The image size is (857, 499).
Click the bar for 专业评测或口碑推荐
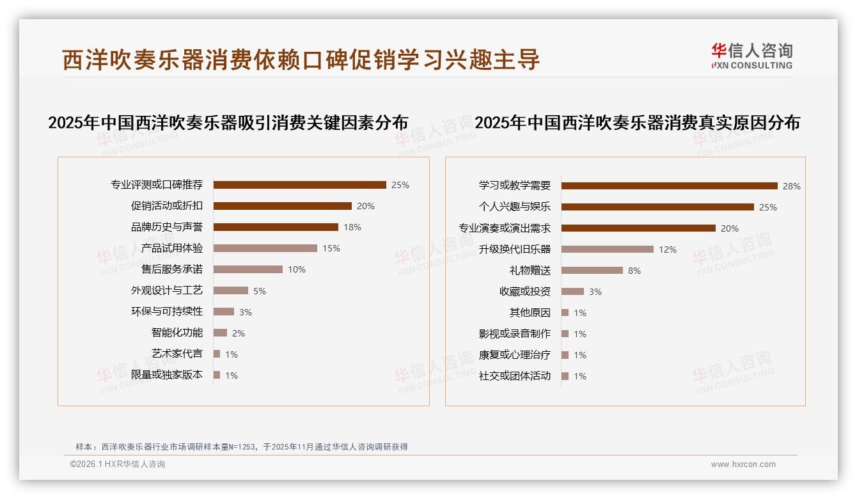coord(299,185)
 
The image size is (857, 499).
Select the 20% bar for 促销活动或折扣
coord(282,206)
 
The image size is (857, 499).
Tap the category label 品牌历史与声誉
coord(167,227)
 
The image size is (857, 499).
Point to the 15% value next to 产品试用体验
coord(331,248)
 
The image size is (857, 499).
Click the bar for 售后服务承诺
coord(248,269)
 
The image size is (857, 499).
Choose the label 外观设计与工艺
coord(167,290)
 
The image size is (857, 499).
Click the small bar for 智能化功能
coord(220,333)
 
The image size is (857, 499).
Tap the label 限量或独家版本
coord(167,375)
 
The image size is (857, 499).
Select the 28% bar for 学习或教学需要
coord(669,186)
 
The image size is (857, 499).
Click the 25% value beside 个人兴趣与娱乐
coord(767,207)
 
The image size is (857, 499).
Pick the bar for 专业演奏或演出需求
coord(638,228)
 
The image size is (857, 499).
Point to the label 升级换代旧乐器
coord(514,249)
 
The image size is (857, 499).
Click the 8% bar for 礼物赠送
coord(592,271)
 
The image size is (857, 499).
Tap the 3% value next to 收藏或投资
coord(595,292)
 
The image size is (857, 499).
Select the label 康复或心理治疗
coord(514,355)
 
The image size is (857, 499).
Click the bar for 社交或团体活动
coord(565,376)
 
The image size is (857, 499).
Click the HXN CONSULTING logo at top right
coord(751,56)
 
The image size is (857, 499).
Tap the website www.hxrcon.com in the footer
coord(743,464)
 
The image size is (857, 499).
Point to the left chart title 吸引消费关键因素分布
coord(228,123)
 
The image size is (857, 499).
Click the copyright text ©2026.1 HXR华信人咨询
coord(118,464)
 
